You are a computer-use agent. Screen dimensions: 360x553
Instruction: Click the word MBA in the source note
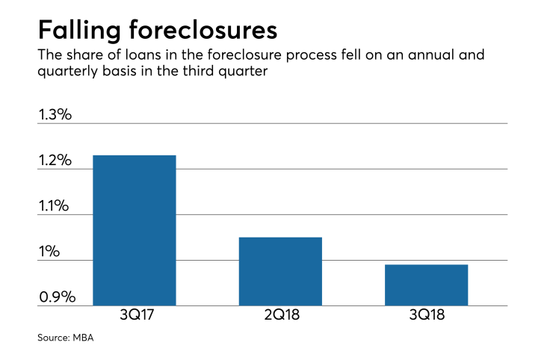(84, 338)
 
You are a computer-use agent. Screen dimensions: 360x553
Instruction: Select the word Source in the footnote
(53, 338)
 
